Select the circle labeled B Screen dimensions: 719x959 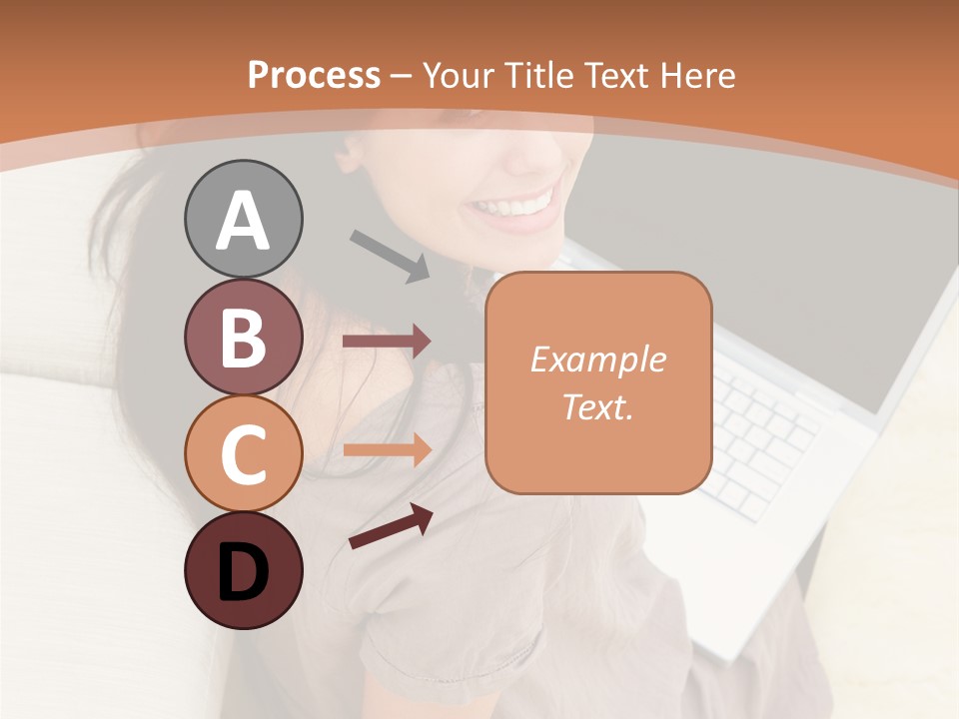pyautogui.click(x=243, y=337)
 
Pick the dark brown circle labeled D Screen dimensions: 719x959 pyautogui.click(x=243, y=570)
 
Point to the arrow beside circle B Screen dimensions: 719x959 pyautogui.click(x=387, y=342)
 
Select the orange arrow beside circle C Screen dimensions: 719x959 pyautogui.click(x=387, y=449)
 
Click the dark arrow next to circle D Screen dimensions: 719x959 pyautogui.click(x=391, y=526)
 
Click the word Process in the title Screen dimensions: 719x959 pyautogui.click(x=314, y=75)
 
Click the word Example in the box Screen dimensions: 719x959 pyautogui.click(x=597, y=359)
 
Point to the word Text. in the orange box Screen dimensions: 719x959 pyautogui.click(x=597, y=406)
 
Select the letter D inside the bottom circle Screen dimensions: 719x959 pyautogui.click(x=243, y=572)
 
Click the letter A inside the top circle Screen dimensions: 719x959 pyautogui.click(x=243, y=221)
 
